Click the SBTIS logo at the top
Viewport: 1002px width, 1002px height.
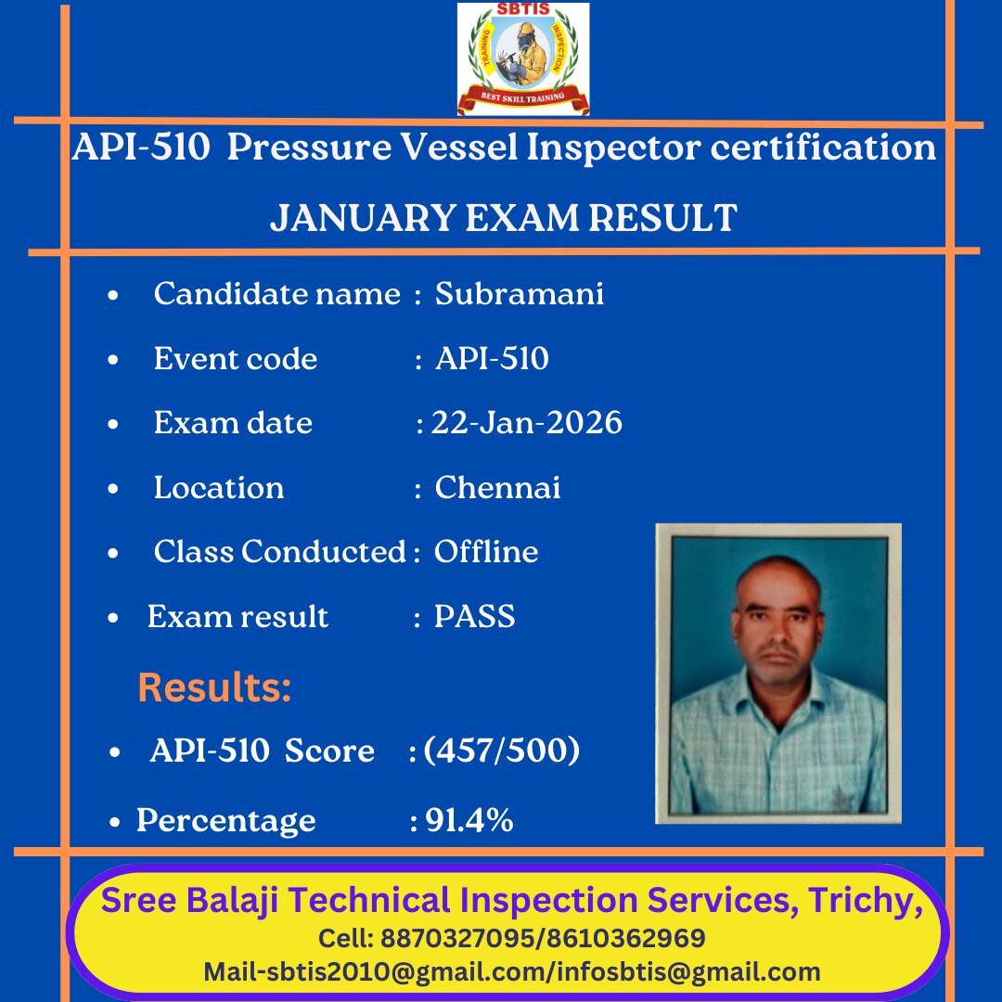522,58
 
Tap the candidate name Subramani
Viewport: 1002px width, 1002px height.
519,294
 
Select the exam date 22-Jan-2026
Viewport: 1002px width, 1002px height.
527,422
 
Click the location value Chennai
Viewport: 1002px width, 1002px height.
497,488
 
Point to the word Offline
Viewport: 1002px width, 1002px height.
485,551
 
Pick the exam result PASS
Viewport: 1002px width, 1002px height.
474,617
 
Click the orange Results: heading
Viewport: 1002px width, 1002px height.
214,687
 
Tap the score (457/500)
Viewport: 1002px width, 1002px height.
502,751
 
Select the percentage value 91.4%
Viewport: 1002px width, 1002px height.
469,820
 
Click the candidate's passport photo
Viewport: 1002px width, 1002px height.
778,674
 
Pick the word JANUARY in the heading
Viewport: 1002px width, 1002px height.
362,218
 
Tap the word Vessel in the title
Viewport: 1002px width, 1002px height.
459,147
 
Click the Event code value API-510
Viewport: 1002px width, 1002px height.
492,358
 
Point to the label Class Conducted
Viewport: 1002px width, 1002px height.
280,551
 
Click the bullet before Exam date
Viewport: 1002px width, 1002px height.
113,424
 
